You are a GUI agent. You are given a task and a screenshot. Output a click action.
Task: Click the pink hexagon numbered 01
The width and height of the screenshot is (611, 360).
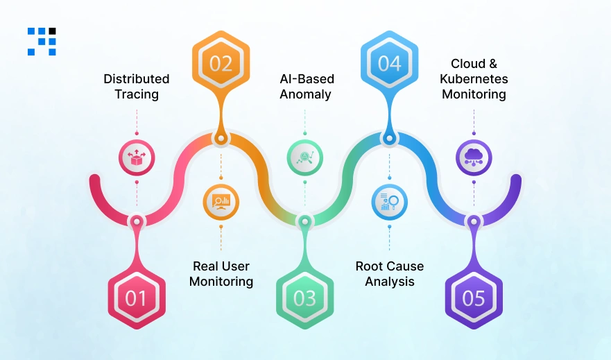[136, 298]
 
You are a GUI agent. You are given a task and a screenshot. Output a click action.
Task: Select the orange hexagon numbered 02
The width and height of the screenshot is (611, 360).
[221, 64]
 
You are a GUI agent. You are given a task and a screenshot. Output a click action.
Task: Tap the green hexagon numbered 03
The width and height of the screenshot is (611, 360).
[304, 298]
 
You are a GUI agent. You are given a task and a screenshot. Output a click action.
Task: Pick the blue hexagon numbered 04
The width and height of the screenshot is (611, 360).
[389, 64]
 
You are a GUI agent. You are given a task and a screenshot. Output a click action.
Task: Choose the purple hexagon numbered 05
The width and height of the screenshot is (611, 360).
[474, 298]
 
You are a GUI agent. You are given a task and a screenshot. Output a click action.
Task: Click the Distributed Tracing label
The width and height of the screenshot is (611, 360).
[137, 87]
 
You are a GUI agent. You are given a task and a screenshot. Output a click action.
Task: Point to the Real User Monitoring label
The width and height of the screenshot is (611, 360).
[221, 274]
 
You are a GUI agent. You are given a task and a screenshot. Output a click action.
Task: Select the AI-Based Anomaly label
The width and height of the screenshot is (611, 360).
[305, 87]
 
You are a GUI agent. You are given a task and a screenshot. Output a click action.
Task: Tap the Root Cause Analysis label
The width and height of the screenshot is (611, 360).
[389, 274]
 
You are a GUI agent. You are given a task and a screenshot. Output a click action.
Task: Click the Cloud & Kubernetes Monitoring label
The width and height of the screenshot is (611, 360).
[474, 79]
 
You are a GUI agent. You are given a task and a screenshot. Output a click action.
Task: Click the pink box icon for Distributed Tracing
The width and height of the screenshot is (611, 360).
[136, 157]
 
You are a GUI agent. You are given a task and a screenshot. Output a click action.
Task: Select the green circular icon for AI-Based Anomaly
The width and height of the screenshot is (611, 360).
[304, 157]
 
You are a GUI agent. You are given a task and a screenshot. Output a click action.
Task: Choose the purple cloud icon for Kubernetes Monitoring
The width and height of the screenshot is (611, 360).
[474, 157]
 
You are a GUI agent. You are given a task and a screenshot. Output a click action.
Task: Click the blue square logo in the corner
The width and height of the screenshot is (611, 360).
[42, 41]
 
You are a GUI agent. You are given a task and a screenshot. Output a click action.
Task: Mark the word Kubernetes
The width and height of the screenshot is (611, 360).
[474, 79]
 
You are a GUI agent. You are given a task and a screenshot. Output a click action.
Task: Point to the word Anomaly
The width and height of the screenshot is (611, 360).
[305, 94]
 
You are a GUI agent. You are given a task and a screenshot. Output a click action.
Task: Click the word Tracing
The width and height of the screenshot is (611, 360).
[137, 94]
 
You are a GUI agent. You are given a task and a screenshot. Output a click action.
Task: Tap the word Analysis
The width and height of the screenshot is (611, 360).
[389, 282]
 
